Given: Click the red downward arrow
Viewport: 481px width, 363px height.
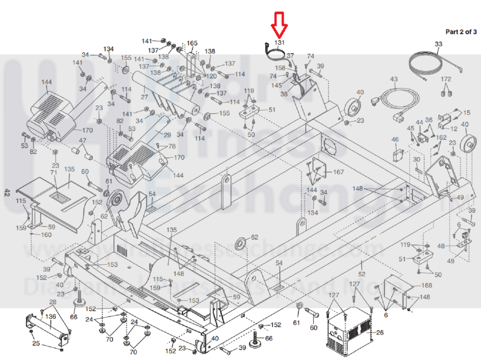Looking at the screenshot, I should click(x=279, y=25).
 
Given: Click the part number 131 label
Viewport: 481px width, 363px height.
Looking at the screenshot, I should click(x=279, y=43).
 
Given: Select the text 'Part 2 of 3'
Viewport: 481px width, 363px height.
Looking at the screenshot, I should click(x=461, y=32).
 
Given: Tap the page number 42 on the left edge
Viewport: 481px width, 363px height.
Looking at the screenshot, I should click(x=7, y=193).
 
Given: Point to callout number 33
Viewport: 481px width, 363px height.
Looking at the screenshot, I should click(x=438, y=44).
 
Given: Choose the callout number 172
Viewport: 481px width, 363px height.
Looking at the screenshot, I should click(x=446, y=79).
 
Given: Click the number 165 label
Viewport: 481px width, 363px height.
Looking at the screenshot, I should click(x=192, y=43).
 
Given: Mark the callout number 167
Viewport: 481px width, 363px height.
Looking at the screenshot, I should click(x=338, y=172).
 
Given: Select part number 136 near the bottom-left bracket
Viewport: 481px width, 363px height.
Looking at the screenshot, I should click(x=50, y=316).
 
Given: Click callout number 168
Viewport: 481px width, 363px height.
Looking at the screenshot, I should click(x=427, y=286).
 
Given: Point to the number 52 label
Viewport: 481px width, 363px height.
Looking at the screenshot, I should click(x=362, y=274).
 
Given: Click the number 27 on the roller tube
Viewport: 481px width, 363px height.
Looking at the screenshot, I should click(x=144, y=97).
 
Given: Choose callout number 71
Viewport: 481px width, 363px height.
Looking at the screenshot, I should click(x=54, y=173).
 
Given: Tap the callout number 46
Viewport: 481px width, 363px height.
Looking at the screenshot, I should click(x=395, y=139).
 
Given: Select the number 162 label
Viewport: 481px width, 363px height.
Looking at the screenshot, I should click(x=441, y=137).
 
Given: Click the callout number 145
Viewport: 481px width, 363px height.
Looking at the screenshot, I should click(x=276, y=85).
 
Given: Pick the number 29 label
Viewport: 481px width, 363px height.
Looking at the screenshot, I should click(x=167, y=135).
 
